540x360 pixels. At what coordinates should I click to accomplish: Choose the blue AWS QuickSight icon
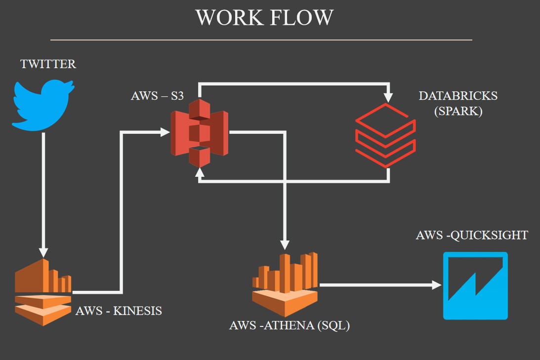point(475,285)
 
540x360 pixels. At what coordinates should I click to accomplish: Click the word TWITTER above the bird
point(48,64)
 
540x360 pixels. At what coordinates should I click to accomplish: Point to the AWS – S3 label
point(157,96)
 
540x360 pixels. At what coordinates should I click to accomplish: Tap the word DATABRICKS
point(458,96)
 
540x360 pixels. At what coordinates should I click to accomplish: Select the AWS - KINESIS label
point(119,311)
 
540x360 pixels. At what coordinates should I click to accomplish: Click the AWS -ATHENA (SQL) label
point(290,326)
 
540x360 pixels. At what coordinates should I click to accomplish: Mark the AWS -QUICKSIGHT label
point(472,235)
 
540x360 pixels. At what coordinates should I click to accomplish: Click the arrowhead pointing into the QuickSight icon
point(437,285)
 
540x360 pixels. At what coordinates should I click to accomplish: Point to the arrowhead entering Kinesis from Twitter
point(43,250)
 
